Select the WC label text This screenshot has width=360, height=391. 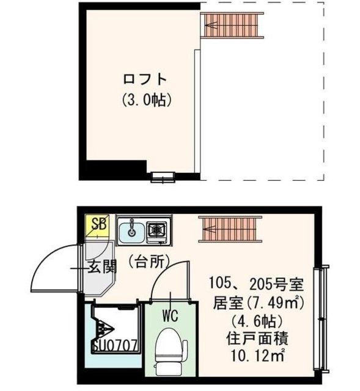(169, 316)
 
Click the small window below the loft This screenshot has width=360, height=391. (163, 177)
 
